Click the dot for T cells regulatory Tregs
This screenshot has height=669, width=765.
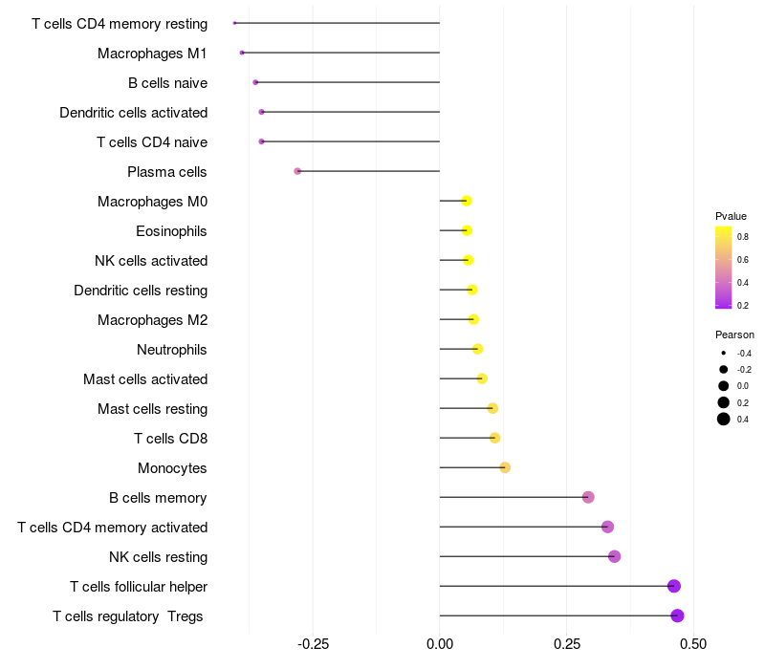pyautogui.click(x=677, y=615)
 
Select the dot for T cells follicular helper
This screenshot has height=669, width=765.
pyautogui.click(x=674, y=586)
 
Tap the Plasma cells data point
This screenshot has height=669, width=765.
pyautogui.click(x=297, y=171)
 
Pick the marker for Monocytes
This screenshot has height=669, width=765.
pyautogui.click(x=505, y=467)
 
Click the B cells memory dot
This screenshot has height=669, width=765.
pyautogui.click(x=588, y=497)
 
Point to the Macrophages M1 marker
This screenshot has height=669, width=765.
pyautogui.click(x=242, y=53)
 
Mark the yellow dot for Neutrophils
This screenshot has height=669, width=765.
pyautogui.click(x=477, y=349)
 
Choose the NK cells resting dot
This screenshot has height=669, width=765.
pyautogui.click(x=614, y=556)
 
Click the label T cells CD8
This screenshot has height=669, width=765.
pyautogui.click(x=171, y=439)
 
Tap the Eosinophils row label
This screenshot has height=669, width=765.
pyautogui.click(x=171, y=231)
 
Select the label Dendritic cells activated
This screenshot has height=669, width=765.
pyautogui.click(x=134, y=113)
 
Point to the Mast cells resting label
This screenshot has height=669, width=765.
pyautogui.click(x=153, y=409)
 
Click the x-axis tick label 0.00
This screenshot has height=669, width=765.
pyautogui.click(x=440, y=644)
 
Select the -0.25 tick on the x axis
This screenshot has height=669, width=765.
pyautogui.click(x=313, y=644)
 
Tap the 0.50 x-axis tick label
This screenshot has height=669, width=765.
pyautogui.click(x=693, y=644)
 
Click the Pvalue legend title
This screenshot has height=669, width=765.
pyautogui.click(x=731, y=216)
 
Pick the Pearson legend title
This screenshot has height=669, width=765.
pyautogui.click(x=734, y=335)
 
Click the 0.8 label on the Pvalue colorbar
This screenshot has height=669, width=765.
pyautogui.click(x=743, y=237)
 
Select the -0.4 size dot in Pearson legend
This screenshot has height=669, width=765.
pyautogui.click(x=724, y=353)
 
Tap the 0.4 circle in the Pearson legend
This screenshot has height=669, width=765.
pyautogui.click(x=724, y=419)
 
